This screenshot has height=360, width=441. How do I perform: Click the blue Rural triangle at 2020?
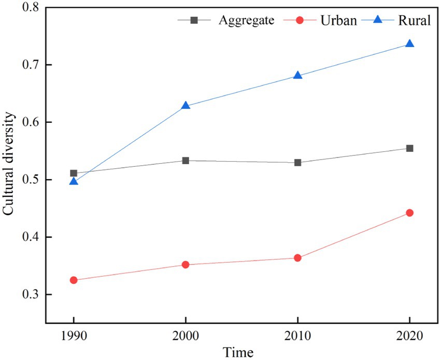coord(409,44)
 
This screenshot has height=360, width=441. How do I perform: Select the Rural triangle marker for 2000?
coord(186,106)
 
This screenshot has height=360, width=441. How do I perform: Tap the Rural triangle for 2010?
coord(297,76)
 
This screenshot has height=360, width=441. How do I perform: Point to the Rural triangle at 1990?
coord(74,181)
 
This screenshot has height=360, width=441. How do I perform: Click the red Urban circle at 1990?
coord(74,280)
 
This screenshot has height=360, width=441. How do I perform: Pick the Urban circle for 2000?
coord(186,265)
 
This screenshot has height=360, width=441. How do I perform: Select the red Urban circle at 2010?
coord(297,258)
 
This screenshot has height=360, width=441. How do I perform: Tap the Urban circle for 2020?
coord(409,213)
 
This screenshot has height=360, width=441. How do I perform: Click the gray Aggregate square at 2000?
coord(186,161)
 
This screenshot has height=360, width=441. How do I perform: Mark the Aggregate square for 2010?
coord(297,163)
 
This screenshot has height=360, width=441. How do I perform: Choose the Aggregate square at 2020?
coord(409,148)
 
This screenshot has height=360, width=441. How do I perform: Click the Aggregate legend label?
coord(246,21)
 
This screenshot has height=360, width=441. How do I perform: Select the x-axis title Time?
coord(238,353)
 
